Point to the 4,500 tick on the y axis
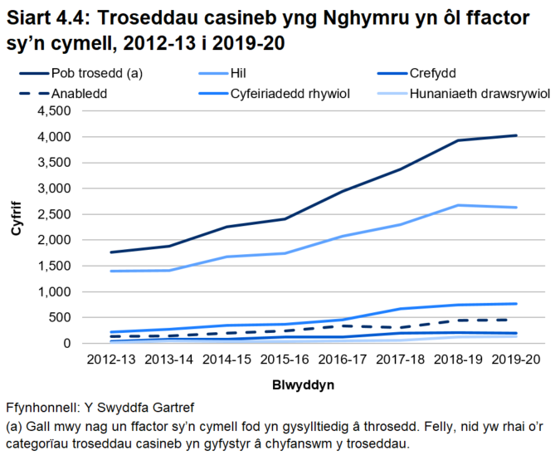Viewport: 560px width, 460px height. (56, 111)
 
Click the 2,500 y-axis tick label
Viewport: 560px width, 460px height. (56, 214)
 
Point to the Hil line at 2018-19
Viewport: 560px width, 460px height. (459, 205)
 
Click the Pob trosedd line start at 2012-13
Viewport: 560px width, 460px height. (110, 252)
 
